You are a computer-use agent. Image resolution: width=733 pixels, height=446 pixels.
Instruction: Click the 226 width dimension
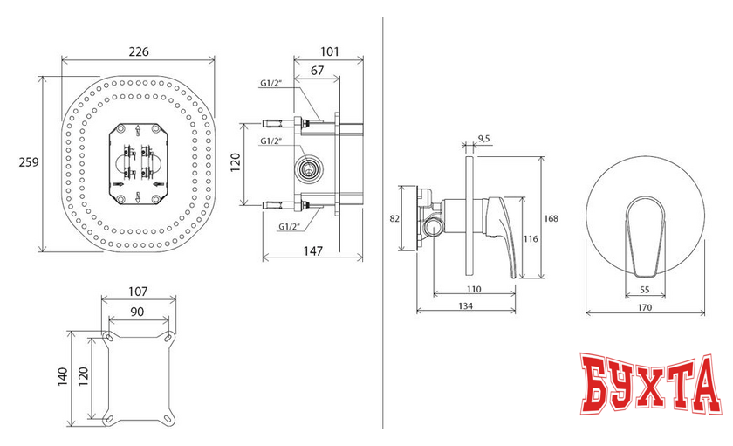(x=139, y=51)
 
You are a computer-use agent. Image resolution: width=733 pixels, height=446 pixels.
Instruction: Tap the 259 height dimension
(x=29, y=162)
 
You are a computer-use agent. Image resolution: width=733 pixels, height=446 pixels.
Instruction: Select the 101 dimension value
(x=330, y=51)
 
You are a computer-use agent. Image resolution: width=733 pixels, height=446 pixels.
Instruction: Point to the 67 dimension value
(x=317, y=71)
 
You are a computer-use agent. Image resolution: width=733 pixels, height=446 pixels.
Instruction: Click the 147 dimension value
(x=312, y=251)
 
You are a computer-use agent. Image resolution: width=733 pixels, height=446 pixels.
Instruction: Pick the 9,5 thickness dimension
(x=483, y=139)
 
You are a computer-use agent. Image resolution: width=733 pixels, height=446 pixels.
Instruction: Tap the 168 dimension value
(x=551, y=218)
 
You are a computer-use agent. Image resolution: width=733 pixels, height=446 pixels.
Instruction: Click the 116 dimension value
(x=531, y=239)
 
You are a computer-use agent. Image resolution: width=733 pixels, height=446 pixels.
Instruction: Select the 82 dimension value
(x=394, y=218)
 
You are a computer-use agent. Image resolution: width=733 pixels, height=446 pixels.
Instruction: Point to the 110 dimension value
(x=474, y=290)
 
